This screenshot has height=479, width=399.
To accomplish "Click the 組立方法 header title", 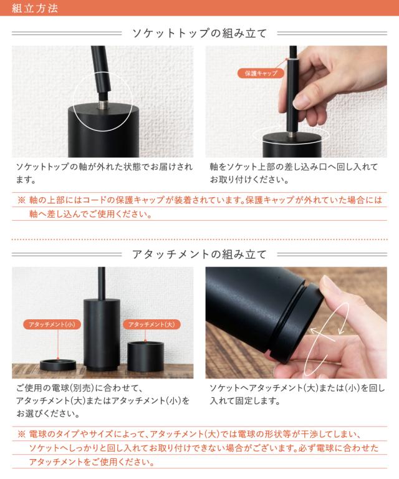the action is tap(35, 8).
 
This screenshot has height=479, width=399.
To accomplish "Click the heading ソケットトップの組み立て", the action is tap(199, 33).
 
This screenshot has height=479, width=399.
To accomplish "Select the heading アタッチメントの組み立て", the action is tap(199, 254).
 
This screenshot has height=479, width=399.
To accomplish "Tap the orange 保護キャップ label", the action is tap(261, 73).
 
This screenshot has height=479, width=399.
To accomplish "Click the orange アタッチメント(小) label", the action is tap(52, 324).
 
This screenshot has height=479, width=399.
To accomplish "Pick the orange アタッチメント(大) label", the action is tap(151, 324).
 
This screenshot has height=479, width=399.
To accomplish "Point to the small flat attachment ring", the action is tap(58, 365).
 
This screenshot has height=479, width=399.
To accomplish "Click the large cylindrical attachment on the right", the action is tap(145, 356).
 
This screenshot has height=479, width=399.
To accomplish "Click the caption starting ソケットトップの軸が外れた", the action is tap(104, 173).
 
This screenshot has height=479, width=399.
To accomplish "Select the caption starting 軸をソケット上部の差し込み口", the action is tap(294, 173).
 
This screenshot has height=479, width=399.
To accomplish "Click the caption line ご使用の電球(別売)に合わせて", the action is tap(79, 388).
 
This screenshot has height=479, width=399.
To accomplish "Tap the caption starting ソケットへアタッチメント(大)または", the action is tap(297, 394).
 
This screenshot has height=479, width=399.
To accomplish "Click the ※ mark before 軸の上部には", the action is tap(21, 200).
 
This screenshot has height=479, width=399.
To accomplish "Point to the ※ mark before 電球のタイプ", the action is tap(21, 434).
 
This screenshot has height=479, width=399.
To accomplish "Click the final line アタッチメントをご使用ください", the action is tap(92, 462).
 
